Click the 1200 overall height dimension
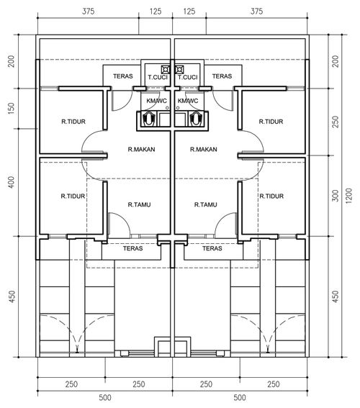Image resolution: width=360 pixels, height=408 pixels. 348,196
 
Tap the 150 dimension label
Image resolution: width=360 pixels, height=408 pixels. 11,109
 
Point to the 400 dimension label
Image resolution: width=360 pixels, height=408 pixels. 11,182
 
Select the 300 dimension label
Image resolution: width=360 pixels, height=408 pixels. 336,196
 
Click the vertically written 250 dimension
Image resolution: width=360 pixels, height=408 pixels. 336,122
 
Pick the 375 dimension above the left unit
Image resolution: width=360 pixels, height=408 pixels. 89,12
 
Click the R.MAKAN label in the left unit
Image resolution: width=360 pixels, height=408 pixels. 141,150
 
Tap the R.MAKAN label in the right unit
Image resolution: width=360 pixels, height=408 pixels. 204,150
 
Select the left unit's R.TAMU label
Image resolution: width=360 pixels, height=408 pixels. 139,205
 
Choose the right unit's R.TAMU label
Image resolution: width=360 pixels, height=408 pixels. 206,205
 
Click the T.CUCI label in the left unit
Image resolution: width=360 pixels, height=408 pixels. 158,77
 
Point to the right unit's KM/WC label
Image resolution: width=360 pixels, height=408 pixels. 188,101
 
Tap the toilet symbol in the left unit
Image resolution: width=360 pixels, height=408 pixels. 148,119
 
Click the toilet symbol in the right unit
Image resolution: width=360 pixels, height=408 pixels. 196,119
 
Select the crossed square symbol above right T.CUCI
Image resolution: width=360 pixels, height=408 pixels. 179,70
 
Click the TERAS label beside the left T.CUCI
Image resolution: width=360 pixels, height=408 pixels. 123,76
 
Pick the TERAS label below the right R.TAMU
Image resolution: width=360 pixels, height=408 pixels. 212,248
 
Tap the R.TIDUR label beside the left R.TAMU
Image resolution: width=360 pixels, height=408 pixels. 73,196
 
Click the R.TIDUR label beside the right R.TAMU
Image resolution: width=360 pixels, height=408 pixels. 271,196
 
